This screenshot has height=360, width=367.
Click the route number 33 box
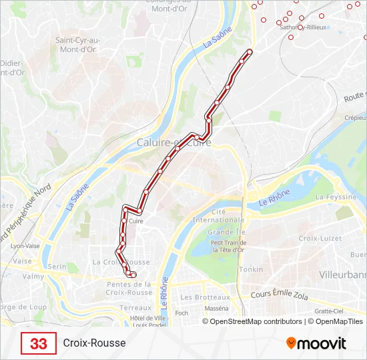tap(39, 343)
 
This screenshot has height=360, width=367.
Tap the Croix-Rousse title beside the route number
tap(94, 343)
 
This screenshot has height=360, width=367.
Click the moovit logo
tap(316, 343)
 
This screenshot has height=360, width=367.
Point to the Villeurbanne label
tap(343, 275)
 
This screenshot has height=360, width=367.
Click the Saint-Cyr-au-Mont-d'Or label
tap(77, 45)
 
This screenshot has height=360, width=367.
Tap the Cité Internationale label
tap(218, 215)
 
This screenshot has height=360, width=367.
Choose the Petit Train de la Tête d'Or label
tap(229, 247)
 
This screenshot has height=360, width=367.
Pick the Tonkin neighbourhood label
tap(252, 269)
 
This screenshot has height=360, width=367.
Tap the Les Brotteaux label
tap(206, 297)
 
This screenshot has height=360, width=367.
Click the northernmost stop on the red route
tap(250, 51)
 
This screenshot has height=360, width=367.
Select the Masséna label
tap(216, 309)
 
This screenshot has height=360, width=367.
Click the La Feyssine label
tap(336, 197)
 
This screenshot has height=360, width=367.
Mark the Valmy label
tap(33, 276)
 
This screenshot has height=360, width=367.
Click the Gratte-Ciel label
tap(329, 311)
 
